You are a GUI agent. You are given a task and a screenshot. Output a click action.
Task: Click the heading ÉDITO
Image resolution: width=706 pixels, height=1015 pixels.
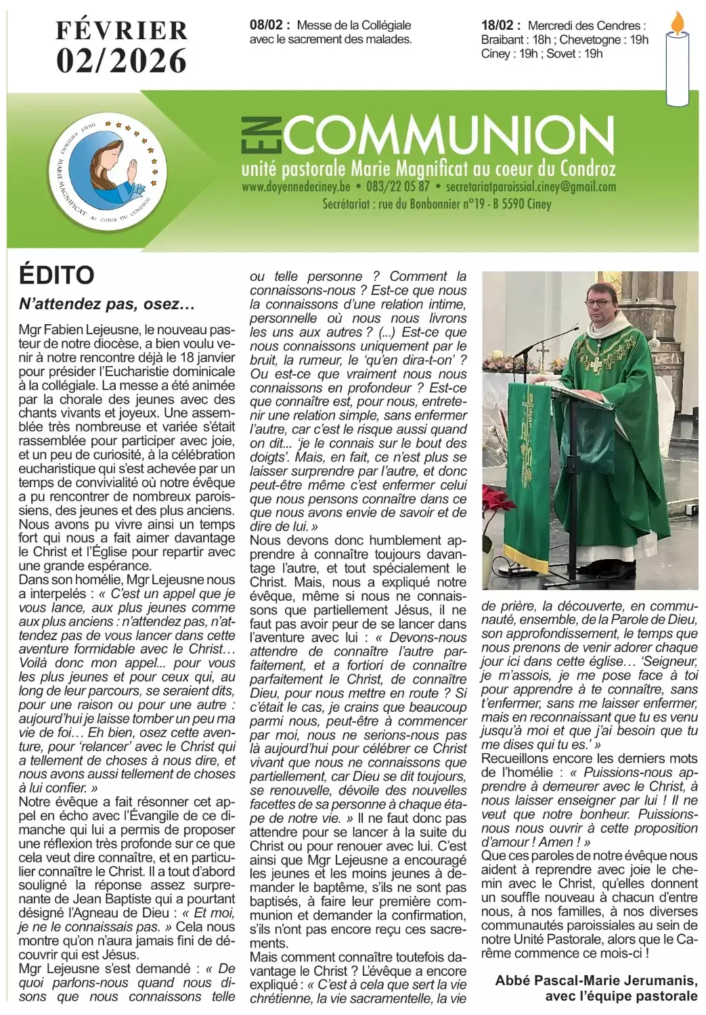[57, 275]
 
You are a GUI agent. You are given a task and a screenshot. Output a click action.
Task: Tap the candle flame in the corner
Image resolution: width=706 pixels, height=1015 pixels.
[677, 24]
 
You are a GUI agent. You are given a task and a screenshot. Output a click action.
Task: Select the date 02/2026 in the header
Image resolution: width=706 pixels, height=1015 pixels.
[122, 61]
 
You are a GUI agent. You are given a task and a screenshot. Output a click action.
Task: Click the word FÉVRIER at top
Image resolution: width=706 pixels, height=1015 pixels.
[122, 30]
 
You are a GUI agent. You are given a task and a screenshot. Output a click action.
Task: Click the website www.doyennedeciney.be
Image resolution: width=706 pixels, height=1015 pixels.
[296, 187]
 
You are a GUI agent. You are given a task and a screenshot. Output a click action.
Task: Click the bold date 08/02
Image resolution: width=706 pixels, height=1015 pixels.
[269, 25]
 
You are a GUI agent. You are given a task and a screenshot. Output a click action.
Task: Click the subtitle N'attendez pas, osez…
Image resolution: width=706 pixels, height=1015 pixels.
[107, 304]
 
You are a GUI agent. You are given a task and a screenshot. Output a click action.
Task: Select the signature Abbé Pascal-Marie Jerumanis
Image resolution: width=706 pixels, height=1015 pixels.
[596, 980]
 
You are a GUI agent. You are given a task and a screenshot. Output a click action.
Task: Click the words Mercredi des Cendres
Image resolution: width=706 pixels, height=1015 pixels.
[586, 25]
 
